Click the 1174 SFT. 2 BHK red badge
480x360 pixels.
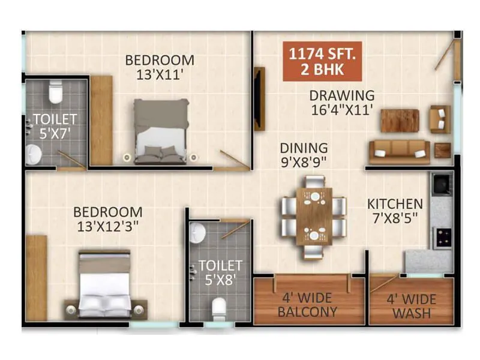point(322,61)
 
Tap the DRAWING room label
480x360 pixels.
point(342,103)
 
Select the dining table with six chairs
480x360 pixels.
point(313,215)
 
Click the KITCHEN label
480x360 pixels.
point(395,211)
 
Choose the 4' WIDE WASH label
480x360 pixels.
point(411,305)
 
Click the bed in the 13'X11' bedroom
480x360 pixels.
point(160,132)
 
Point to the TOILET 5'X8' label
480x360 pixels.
point(220,272)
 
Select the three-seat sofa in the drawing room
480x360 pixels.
point(399,152)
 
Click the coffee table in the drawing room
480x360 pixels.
point(399,120)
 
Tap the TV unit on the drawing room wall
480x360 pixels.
point(259,99)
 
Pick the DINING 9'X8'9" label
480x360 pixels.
point(304,154)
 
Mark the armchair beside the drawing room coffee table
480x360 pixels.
point(439,119)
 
